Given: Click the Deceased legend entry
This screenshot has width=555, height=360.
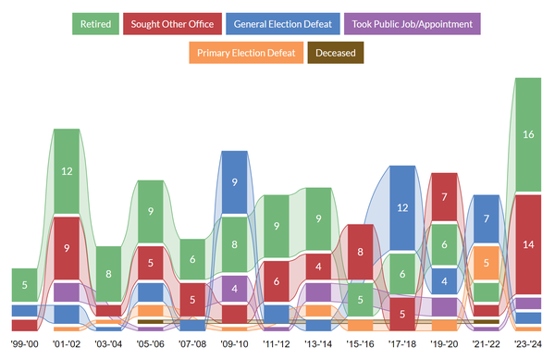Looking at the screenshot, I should click(336, 53).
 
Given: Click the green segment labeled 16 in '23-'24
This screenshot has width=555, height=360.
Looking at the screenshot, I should click(528, 134).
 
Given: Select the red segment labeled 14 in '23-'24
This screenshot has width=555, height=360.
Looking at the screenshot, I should click(528, 244).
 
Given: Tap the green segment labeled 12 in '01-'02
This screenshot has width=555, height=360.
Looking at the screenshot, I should click(67, 171).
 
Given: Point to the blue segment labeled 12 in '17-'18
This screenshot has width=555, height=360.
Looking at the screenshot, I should click(402, 208).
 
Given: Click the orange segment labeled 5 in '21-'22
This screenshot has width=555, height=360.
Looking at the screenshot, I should click(487, 263).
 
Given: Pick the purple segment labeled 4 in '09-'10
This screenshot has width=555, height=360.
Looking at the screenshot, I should click(234, 288).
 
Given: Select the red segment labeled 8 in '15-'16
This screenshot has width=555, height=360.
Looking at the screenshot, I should click(360, 252).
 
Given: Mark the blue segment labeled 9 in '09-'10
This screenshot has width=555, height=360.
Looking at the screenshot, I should click(234, 182).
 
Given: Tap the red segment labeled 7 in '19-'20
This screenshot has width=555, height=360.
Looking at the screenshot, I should click(444, 197).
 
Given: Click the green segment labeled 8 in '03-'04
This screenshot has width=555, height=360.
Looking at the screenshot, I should click(108, 275).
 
